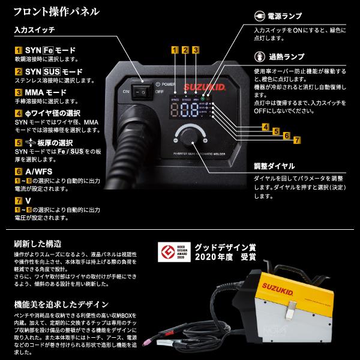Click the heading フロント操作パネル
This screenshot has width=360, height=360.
(x=49, y=11)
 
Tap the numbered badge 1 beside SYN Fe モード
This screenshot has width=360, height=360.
(x=19, y=52)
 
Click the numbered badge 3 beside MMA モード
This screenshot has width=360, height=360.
(x=19, y=93)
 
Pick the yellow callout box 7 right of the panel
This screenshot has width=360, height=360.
(x=296, y=140)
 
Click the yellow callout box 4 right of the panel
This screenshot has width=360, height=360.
(x=265, y=127)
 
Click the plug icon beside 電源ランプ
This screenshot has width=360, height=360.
(x=260, y=16)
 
